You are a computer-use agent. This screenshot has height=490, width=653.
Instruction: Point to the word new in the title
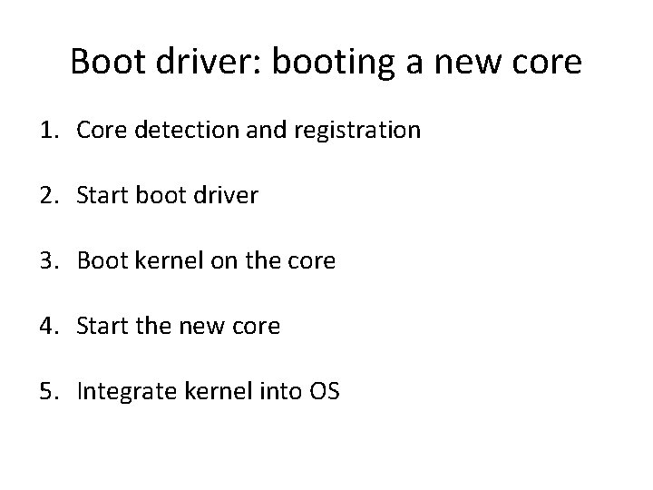(476, 62)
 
